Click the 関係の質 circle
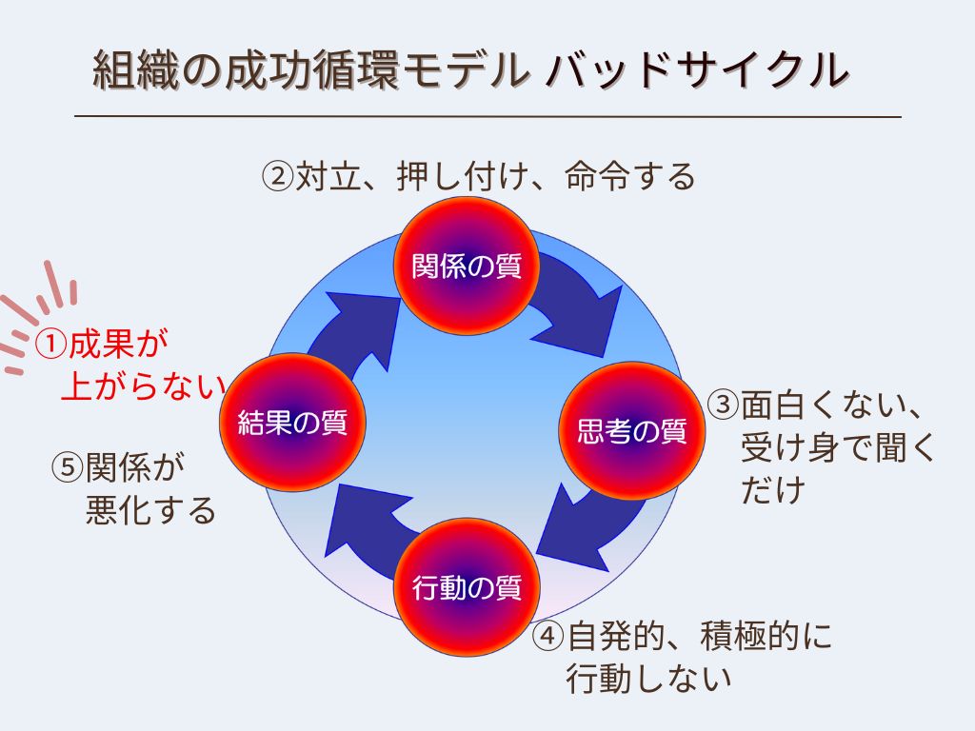[x=467, y=267]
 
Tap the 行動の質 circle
[x=467, y=588]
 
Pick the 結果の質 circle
[x=292, y=424]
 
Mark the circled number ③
[x=724, y=405]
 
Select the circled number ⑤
[x=68, y=468]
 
